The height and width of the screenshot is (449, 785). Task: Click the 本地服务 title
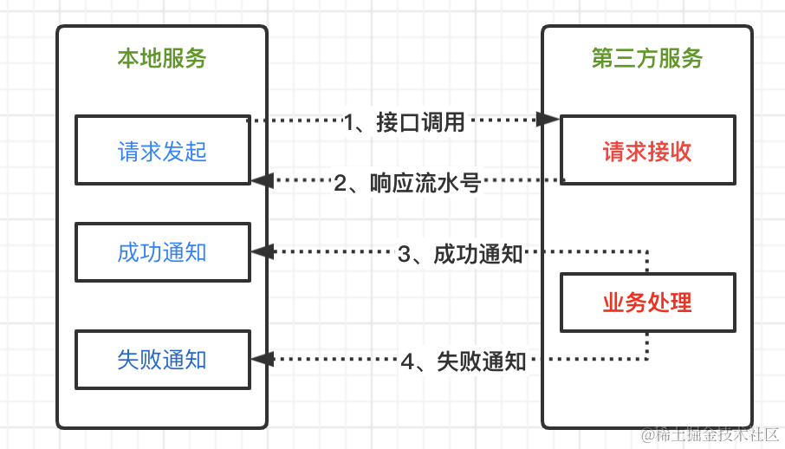162,58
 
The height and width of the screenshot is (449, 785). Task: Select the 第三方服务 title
647,58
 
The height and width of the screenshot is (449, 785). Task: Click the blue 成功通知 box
162,252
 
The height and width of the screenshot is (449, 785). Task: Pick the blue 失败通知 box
162,359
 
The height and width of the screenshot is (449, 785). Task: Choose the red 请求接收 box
647,151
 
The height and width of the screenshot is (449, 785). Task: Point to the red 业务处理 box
647,303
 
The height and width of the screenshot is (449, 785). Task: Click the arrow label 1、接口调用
404,122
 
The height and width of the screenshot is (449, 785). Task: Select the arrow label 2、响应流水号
406,182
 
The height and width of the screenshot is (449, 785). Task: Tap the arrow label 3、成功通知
459,254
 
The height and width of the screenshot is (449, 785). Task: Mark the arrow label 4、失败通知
463,361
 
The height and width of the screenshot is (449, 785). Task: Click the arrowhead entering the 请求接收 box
548,119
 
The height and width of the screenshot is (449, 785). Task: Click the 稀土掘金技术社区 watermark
710,433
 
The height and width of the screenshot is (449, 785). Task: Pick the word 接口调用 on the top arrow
420,122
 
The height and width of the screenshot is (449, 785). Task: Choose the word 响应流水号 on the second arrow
424,182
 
